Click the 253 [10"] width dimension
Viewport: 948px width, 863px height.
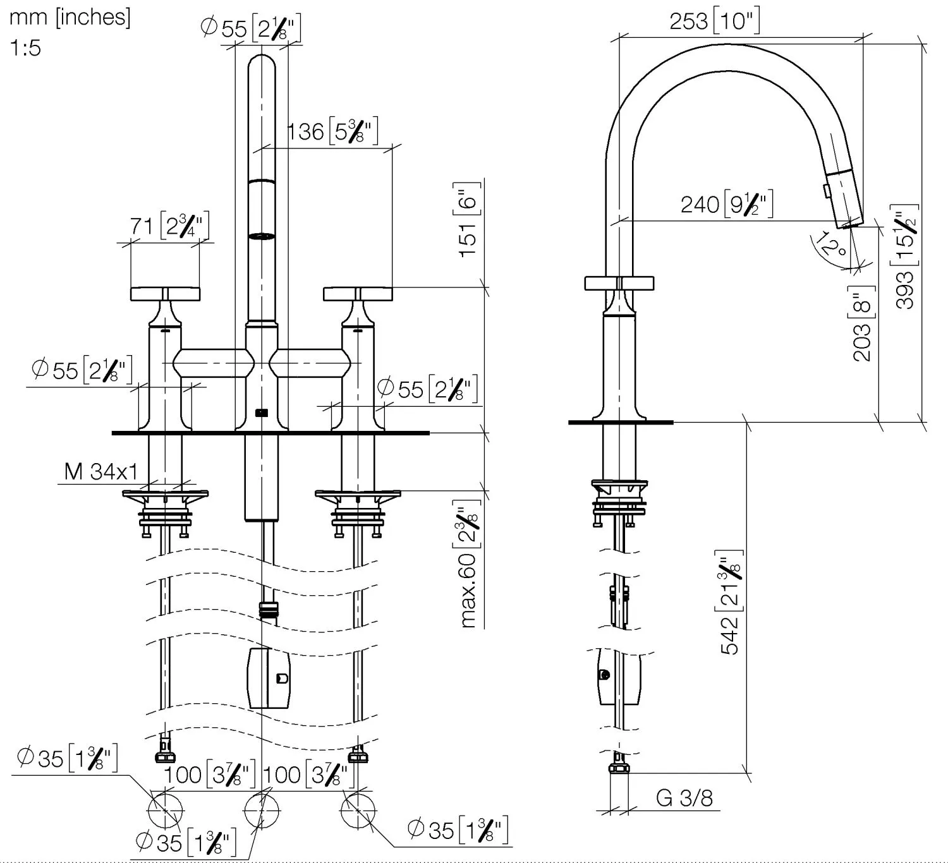(714, 21)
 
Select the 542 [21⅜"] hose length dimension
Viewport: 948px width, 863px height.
(731, 602)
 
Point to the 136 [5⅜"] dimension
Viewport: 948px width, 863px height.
(332, 132)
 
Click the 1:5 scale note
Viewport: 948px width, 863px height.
(25, 47)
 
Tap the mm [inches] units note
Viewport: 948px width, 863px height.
(70, 17)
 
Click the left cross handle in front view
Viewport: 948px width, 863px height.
(165, 294)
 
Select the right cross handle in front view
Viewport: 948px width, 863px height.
(358, 294)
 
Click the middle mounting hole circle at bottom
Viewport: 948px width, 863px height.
(262, 809)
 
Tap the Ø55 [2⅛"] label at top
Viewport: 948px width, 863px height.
(250, 28)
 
